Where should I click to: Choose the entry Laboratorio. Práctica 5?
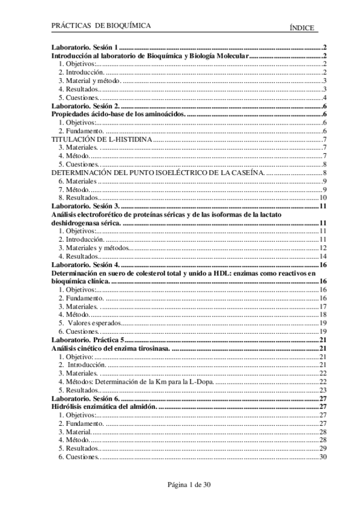pos(88,340)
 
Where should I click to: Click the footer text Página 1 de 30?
pos(180,484)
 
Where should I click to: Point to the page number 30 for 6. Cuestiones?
pos(322,457)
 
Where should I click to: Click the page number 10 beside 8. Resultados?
pos(322,197)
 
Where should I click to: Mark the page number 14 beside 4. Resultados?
pos(322,256)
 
